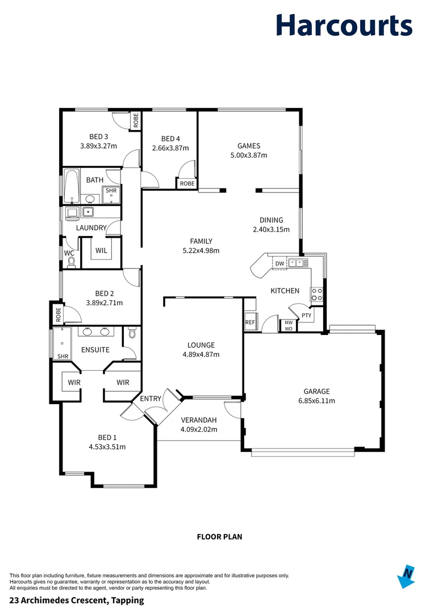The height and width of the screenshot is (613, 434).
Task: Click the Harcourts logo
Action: pos(344,26)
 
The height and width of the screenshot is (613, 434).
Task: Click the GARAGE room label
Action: pos(316,391)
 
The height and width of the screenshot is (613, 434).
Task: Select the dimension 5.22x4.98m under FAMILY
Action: pos(201,250)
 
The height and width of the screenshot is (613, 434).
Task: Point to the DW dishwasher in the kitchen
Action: pos(279,263)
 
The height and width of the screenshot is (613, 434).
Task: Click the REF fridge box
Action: pos(250,322)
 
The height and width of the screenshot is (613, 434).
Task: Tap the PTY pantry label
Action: pos(306,316)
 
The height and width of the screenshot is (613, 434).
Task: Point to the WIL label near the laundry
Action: pos(101,250)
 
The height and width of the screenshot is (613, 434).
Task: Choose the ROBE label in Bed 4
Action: pos(187,183)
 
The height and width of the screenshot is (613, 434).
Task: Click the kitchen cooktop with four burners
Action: pos(316,294)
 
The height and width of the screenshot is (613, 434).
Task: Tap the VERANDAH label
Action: pos(198,420)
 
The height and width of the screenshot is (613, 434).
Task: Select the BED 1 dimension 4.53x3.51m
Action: pos(107,447)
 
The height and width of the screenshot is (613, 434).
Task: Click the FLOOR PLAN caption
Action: pos(219,536)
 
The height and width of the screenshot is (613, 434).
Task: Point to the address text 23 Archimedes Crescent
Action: pos(77,600)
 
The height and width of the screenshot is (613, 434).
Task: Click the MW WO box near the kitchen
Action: pos(289,325)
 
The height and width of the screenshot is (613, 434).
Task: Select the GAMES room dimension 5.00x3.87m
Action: pos(248,155)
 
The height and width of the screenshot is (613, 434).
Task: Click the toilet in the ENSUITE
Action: pos(132,334)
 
